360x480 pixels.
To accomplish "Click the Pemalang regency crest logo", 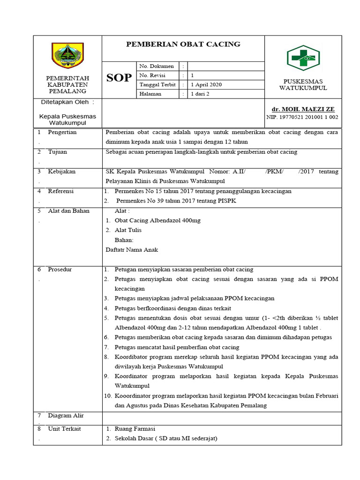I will [x=67, y=55].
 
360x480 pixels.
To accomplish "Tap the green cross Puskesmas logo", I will [x=303, y=58].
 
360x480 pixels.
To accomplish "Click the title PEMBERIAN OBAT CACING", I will [x=183, y=44].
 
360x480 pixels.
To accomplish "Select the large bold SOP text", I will [x=119, y=78].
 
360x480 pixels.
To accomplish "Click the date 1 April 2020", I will [x=206, y=84].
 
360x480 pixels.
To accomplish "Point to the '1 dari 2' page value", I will [x=200, y=94].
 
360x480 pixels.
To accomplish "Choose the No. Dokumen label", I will [x=157, y=66].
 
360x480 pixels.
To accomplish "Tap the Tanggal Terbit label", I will [x=157, y=84].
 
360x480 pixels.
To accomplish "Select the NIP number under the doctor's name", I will [x=302, y=117].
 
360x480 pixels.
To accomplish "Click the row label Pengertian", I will [x=62, y=132].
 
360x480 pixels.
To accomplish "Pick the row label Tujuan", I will [x=58, y=152].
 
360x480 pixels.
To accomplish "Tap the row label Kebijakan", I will [x=61, y=172].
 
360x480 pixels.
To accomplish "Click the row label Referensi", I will [x=61, y=191].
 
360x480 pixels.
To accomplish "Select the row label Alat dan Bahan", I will [x=68, y=211].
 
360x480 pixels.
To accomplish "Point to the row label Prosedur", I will [x=60, y=270].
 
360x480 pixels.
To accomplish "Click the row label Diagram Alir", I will [x=66, y=415].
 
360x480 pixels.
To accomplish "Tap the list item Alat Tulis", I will [x=127, y=230].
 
